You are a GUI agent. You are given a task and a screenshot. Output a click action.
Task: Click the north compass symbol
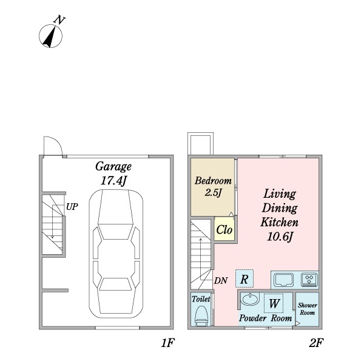click(50, 36)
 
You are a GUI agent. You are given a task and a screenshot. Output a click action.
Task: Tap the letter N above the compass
click(59, 20)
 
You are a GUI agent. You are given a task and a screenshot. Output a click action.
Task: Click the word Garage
click(113, 167)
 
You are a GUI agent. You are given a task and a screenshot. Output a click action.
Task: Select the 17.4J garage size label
click(114, 181)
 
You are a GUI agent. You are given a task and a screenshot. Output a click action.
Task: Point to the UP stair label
click(72, 207)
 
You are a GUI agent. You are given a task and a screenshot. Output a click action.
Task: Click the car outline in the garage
click(116, 254)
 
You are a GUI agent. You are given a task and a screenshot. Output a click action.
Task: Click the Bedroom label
click(213, 181)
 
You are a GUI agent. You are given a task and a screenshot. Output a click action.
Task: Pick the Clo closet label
click(224, 230)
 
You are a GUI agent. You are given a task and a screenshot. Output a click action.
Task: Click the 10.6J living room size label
click(280, 237)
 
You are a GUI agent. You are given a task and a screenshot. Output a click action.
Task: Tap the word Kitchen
click(279, 223)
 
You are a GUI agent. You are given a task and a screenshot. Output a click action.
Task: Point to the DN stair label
click(221, 281)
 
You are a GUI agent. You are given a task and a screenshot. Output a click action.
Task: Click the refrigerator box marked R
click(244, 278)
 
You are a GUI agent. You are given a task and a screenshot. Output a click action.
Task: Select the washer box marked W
click(274, 303)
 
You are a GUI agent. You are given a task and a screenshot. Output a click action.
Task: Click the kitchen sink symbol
click(283, 280)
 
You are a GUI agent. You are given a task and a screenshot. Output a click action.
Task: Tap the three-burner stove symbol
click(309, 280)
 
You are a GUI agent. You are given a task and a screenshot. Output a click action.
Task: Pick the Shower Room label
click(308, 309)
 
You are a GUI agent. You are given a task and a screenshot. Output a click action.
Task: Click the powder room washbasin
click(250, 299)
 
